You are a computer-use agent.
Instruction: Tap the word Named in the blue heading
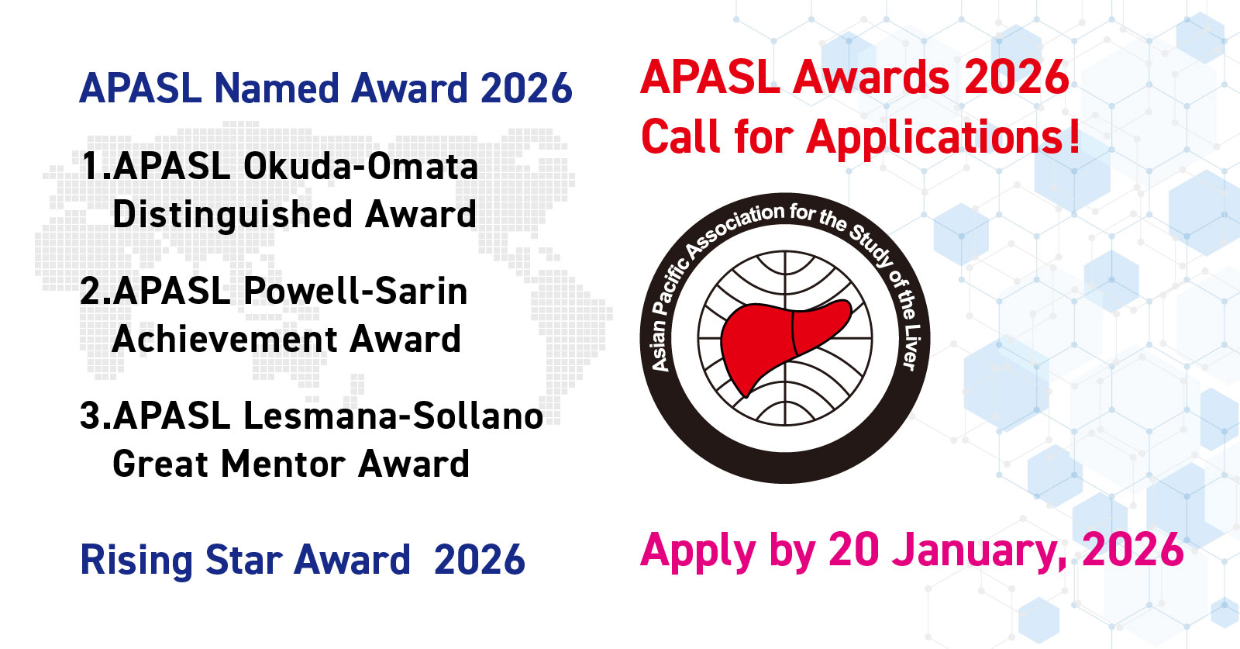coord(275,88)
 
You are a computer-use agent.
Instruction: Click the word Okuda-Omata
coord(360,166)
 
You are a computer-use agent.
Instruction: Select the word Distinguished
coord(232,215)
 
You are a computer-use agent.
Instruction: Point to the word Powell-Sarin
coord(356,292)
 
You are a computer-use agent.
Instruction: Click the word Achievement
coord(224,339)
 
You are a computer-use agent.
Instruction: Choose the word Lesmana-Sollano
coord(393,416)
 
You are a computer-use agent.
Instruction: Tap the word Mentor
coord(284,464)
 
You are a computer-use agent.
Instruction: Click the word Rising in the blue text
coord(136,561)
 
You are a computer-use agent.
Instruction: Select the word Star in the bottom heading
coord(244,560)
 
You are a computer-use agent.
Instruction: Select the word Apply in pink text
coord(698,552)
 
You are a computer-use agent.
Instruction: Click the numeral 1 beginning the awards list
coord(92,166)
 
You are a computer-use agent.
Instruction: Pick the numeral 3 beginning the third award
coord(91,416)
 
